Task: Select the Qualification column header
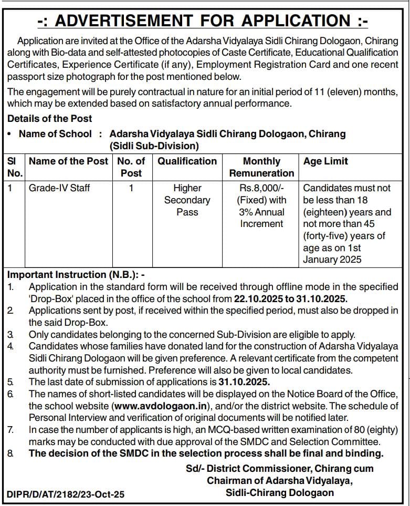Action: click(x=187, y=161)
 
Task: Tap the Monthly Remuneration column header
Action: click(x=261, y=167)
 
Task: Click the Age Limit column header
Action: click(x=325, y=161)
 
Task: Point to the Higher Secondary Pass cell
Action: click(x=187, y=200)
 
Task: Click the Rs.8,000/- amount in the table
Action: click(x=261, y=188)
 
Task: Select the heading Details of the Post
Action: click(x=49, y=119)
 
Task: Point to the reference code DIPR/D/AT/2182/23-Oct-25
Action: click(x=66, y=494)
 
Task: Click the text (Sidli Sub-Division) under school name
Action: click(x=154, y=146)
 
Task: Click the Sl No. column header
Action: click(x=15, y=167)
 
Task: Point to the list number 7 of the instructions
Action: click(x=11, y=430)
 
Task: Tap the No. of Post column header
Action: click(x=131, y=167)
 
